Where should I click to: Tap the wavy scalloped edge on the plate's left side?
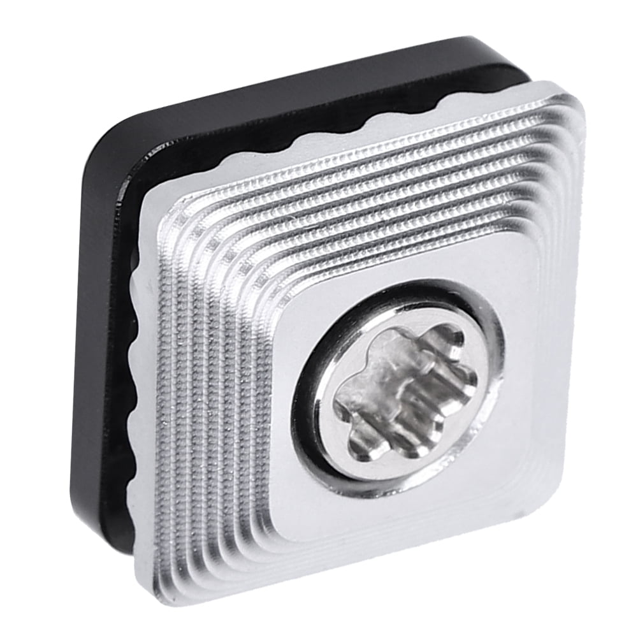(135, 382)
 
